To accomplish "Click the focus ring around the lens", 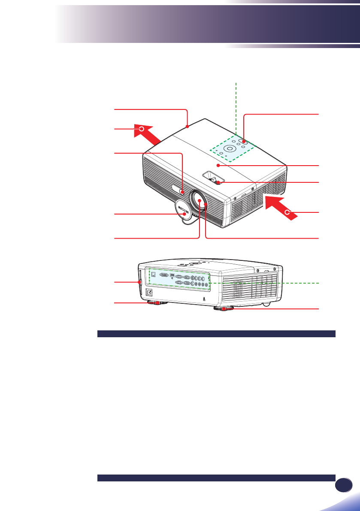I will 207,205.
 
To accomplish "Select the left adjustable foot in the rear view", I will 157,303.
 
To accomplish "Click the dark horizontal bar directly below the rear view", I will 216,334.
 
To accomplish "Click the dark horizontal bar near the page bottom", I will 216,478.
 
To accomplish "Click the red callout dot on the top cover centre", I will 218,165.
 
